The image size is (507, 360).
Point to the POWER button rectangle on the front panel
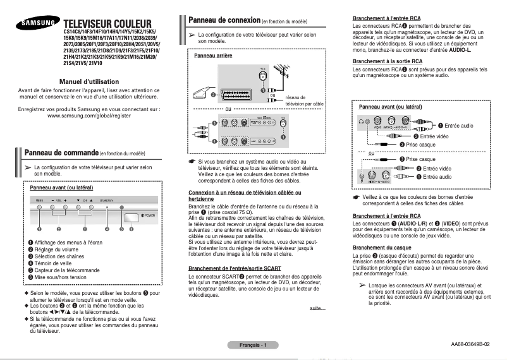[131, 217]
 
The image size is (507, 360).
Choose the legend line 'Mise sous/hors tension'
[61, 277]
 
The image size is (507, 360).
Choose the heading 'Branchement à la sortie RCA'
[389, 61]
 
